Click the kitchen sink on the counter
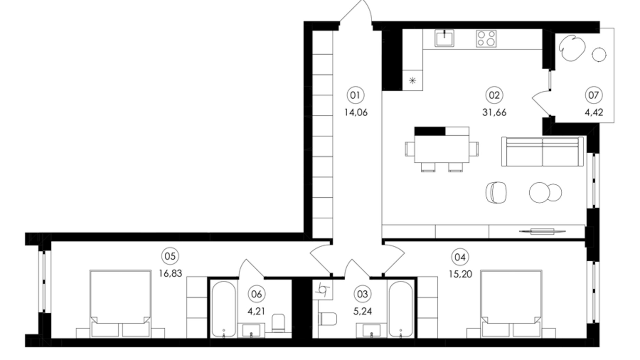point(444,38)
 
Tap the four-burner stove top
point(486,38)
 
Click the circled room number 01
point(355,95)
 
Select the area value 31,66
point(494,112)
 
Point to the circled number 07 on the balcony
point(593,95)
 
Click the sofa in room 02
point(542,152)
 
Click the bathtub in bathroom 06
point(224,309)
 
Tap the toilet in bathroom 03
point(327,319)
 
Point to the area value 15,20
point(460,274)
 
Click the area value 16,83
point(170,273)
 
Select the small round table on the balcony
point(599,55)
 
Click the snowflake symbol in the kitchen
point(412,81)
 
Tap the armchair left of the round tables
point(496,192)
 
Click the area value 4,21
point(256,311)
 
